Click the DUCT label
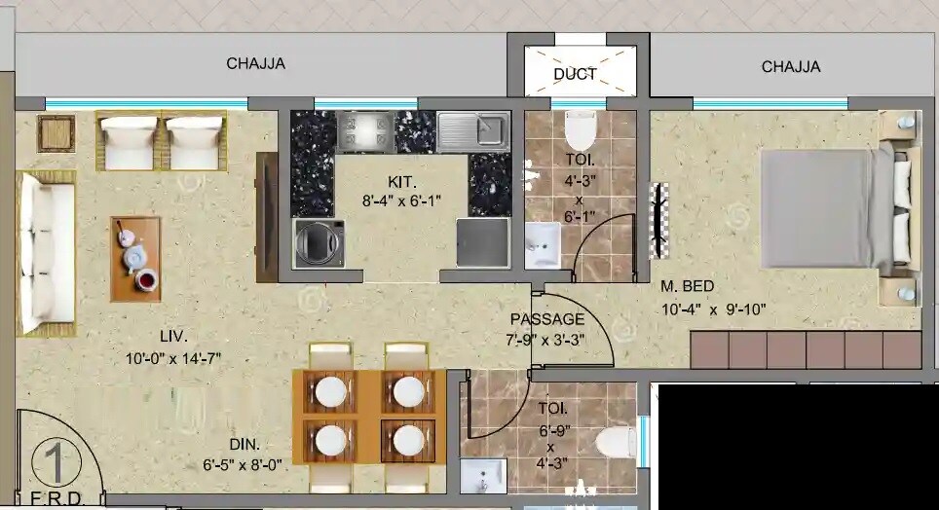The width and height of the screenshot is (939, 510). click(575, 74)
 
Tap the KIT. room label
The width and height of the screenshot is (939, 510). click(401, 182)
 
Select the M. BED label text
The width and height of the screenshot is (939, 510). click(688, 286)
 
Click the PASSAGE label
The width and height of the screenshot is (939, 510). click(547, 319)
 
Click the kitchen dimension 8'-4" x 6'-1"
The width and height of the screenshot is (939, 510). click(401, 201)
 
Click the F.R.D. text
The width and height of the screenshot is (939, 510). click(55, 499)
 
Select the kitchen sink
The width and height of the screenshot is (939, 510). click(472, 130)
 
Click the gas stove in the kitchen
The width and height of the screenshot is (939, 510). click(365, 130)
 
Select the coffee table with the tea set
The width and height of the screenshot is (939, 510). click(135, 257)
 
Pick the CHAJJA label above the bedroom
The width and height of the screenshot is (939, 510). click(791, 67)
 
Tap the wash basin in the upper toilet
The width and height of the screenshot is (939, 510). click(542, 245)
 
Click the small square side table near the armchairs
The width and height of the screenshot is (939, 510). click(56, 132)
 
